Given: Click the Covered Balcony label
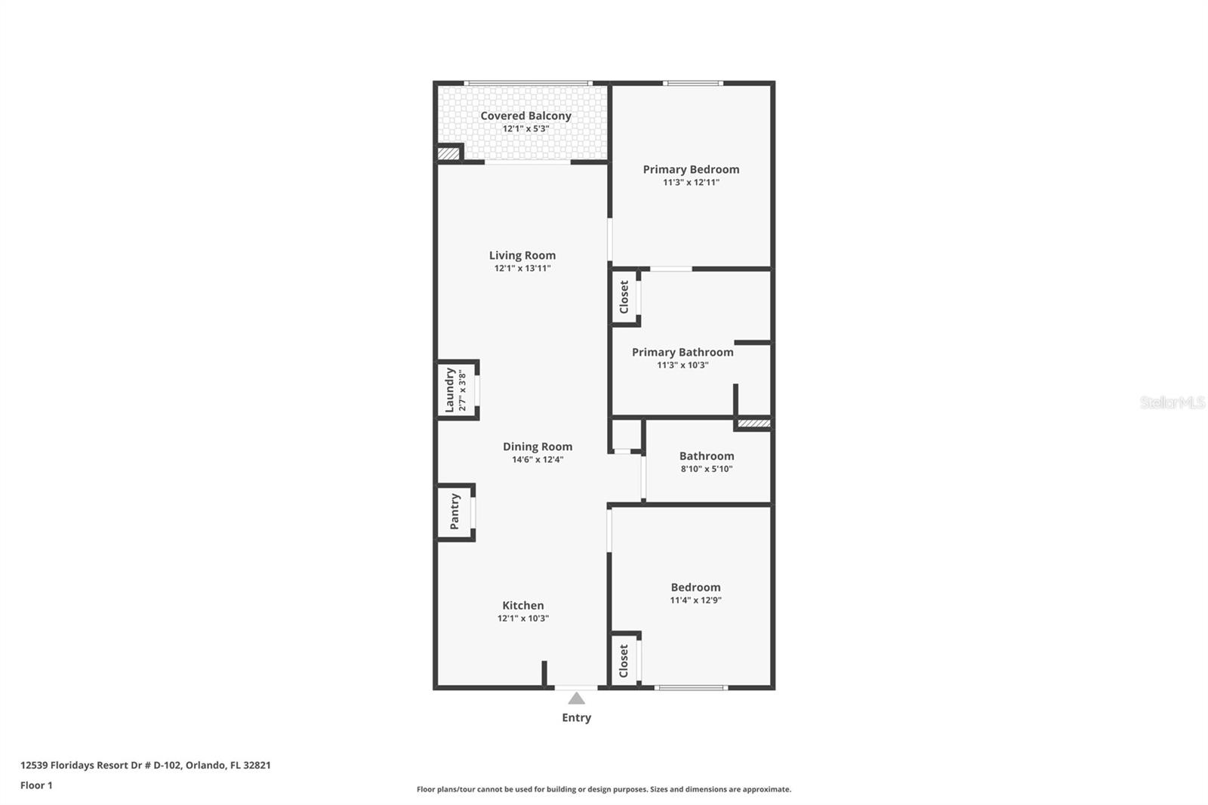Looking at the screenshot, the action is click(525, 116).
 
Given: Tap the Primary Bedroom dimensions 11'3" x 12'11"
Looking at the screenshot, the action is click(691, 182).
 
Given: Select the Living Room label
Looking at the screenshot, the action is click(522, 255).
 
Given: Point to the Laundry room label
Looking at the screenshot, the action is click(450, 390).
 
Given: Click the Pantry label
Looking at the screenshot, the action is click(455, 511).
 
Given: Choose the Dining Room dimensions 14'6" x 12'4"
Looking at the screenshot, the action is click(538, 460).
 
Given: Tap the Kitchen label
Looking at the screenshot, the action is click(523, 606).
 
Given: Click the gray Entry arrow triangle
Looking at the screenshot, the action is click(577, 699).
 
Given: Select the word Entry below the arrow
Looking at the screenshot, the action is click(577, 717).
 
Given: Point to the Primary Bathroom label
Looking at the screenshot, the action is click(683, 353).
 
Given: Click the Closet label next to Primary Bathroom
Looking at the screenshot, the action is click(624, 297).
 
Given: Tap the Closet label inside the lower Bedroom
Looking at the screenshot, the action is click(624, 661).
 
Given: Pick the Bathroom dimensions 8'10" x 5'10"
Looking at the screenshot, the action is click(707, 469).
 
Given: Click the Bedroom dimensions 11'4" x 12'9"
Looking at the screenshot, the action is click(695, 600).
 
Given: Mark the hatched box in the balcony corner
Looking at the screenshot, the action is click(448, 154).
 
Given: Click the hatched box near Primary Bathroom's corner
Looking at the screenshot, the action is click(754, 424).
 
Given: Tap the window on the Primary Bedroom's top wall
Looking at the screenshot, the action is click(693, 83).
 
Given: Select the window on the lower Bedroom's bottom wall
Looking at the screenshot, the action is click(691, 688).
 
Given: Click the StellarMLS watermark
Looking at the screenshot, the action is click(1173, 402).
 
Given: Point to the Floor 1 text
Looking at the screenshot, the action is click(37, 785).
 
